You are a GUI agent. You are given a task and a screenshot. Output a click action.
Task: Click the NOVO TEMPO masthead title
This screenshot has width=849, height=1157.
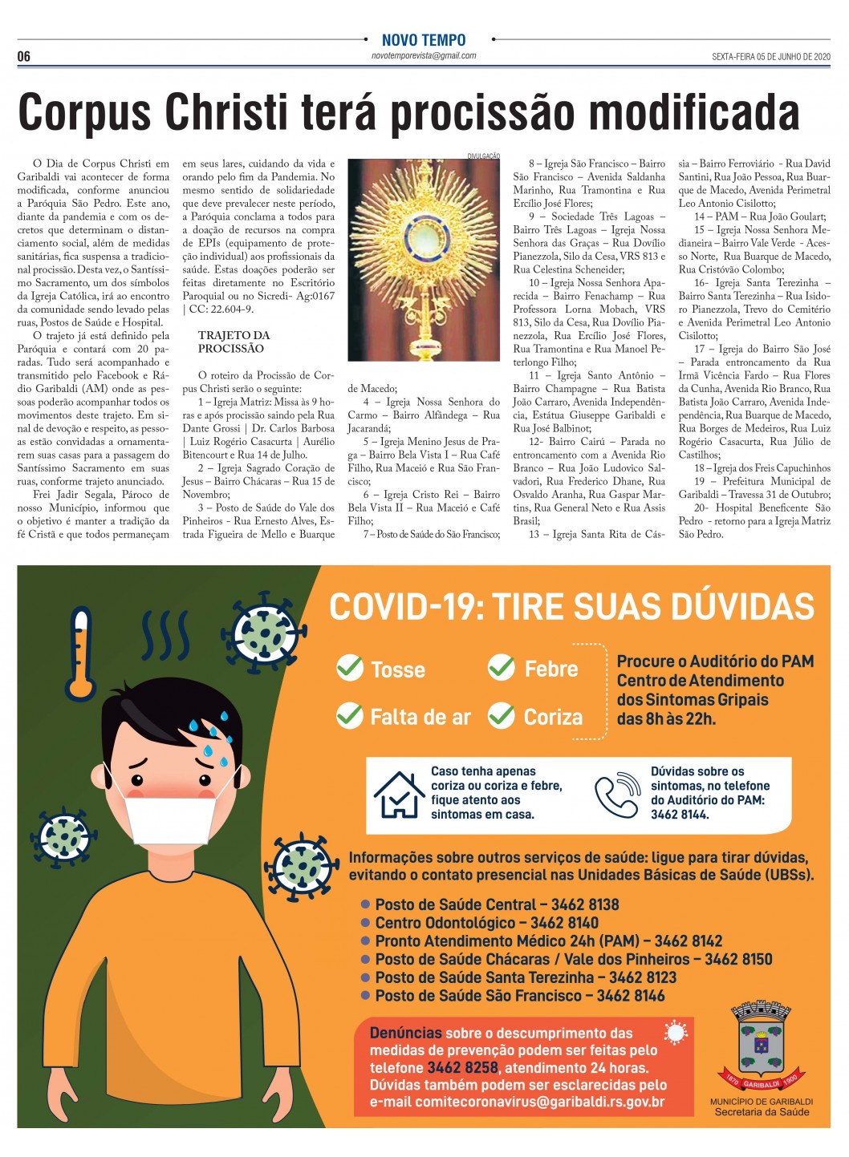tap(424, 40)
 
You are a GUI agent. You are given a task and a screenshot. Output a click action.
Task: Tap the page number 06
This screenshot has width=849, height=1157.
tap(24, 56)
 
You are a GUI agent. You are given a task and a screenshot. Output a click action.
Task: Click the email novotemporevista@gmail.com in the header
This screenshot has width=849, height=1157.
tap(424, 56)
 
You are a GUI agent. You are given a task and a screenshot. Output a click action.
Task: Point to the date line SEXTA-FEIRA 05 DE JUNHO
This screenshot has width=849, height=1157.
tap(770, 57)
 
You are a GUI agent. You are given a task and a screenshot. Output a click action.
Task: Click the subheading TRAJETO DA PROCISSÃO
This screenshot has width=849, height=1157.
tap(234, 342)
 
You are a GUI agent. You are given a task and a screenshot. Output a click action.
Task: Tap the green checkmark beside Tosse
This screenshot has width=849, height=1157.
tap(350, 667)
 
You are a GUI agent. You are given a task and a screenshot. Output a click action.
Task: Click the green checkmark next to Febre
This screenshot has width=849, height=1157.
tap(502, 666)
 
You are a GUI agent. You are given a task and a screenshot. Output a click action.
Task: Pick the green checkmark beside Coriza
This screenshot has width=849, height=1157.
tap(502, 714)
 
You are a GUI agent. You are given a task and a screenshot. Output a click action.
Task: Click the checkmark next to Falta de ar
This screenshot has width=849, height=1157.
tap(350, 714)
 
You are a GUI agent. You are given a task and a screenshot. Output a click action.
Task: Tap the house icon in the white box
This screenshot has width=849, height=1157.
tap(399, 793)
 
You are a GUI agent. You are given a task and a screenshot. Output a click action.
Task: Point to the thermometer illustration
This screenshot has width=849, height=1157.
tap(81, 653)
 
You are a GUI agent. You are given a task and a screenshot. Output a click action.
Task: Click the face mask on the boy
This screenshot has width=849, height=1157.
tap(170, 807)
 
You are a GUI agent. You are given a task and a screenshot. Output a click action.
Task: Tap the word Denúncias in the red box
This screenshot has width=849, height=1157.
tap(405, 1033)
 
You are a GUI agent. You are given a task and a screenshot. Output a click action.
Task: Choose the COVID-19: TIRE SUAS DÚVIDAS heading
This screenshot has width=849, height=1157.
tap(571, 607)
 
